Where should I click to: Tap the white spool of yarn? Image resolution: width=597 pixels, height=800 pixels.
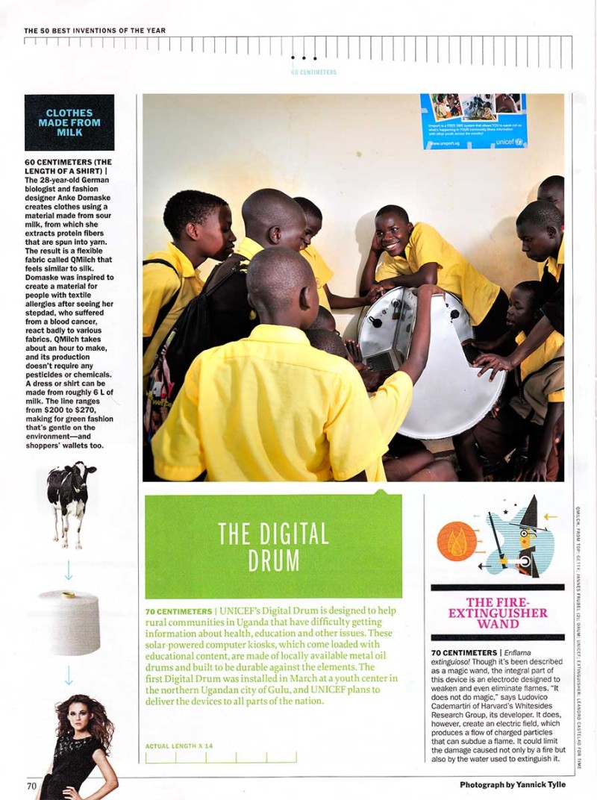69,622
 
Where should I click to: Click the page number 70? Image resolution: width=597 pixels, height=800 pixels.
31,785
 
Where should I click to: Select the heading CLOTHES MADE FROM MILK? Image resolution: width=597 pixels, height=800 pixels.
69,122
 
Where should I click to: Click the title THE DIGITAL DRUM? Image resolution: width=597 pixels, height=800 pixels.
273,546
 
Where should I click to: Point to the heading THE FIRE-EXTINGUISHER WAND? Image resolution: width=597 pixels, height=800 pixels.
498,613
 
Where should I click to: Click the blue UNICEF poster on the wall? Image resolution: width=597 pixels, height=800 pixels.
473,120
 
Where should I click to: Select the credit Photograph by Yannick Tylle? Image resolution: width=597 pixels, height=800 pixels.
512,784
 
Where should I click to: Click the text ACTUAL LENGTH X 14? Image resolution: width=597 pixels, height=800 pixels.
179,746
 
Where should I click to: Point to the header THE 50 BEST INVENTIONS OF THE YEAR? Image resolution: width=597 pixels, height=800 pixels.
95,31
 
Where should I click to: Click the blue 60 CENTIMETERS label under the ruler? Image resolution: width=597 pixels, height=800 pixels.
313,72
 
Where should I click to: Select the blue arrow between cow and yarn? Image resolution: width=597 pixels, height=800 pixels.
69,570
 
